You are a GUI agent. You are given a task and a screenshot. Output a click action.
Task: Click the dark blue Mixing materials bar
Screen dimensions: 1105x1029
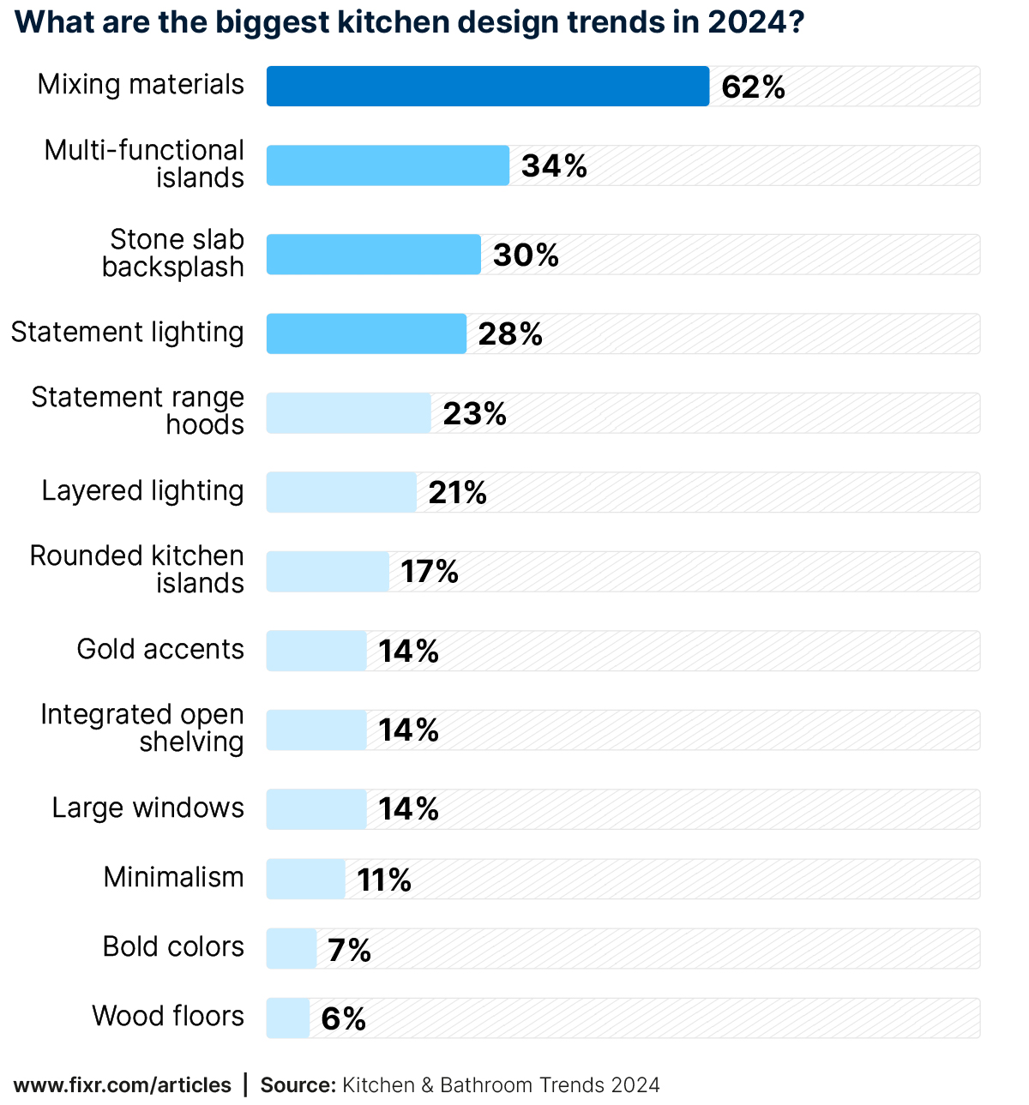pyautogui.click(x=487, y=87)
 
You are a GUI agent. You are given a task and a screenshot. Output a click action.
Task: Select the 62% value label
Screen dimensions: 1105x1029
pyautogui.click(x=753, y=87)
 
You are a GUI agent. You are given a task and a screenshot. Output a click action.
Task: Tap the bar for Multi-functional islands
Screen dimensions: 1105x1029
pyautogui.click(x=388, y=165)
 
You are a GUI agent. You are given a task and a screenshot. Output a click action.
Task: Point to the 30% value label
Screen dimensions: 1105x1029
pyautogui.click(x=526, y=255)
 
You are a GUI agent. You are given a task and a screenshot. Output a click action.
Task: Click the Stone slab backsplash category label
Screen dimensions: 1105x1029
pyautogui.click(x=173, y=253)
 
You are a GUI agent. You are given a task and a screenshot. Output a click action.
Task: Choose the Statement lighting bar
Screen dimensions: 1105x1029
pyautogui.click(x=366, y=333)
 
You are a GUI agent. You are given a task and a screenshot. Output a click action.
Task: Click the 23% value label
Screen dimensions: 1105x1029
pyautogui.click(x=474, y=414)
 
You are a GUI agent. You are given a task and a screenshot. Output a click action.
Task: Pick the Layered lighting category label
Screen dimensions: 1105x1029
pyautogui.click(x=142, y=491)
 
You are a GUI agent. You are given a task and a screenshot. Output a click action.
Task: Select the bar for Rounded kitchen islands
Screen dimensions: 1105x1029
pyautogui.click(x=328, y=572)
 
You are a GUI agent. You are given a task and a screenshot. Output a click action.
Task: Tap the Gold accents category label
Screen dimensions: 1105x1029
pyautogui.click(x=160, y=650)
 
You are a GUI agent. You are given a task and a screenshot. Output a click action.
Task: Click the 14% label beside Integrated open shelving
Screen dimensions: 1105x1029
pyautogui.click(x=408, y=730)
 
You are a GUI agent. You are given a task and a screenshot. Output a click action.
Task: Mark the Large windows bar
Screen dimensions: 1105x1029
pyautogui.click(x=316, y=809)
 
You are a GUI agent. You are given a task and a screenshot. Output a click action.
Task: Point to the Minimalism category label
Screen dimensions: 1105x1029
pyautogui.click(x=173, y=878)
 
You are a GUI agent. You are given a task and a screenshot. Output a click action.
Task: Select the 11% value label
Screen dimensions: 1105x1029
pyautogui.click(x=384, y=880)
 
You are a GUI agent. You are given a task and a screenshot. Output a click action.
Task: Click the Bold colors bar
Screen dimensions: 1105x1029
pyautogui.click(x=292, y=949)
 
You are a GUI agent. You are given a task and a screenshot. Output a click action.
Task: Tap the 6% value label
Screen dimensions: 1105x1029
pyautogui.click(x=343, y=1019)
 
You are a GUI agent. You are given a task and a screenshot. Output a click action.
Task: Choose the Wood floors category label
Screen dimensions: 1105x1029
pyautogui.click(x=168, y=1017)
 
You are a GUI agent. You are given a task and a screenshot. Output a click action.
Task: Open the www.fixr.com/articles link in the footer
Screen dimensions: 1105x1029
pyautogui.click(x=123, y=1085)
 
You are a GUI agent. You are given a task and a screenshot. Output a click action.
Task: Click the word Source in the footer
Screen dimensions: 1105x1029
pyautogui.click(x=297, y=1085)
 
